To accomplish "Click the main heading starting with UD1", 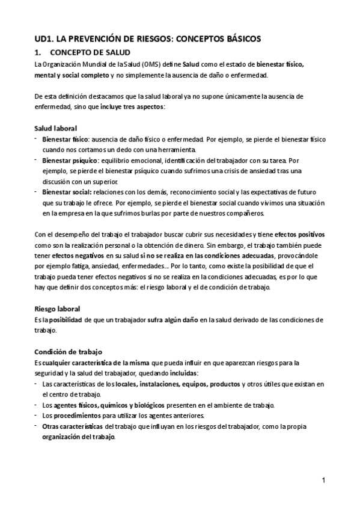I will pos(148,38).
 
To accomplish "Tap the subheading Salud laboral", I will pos(55,128).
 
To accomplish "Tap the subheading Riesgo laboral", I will pos(58,309).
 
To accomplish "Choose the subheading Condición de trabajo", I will pos(69,352).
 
